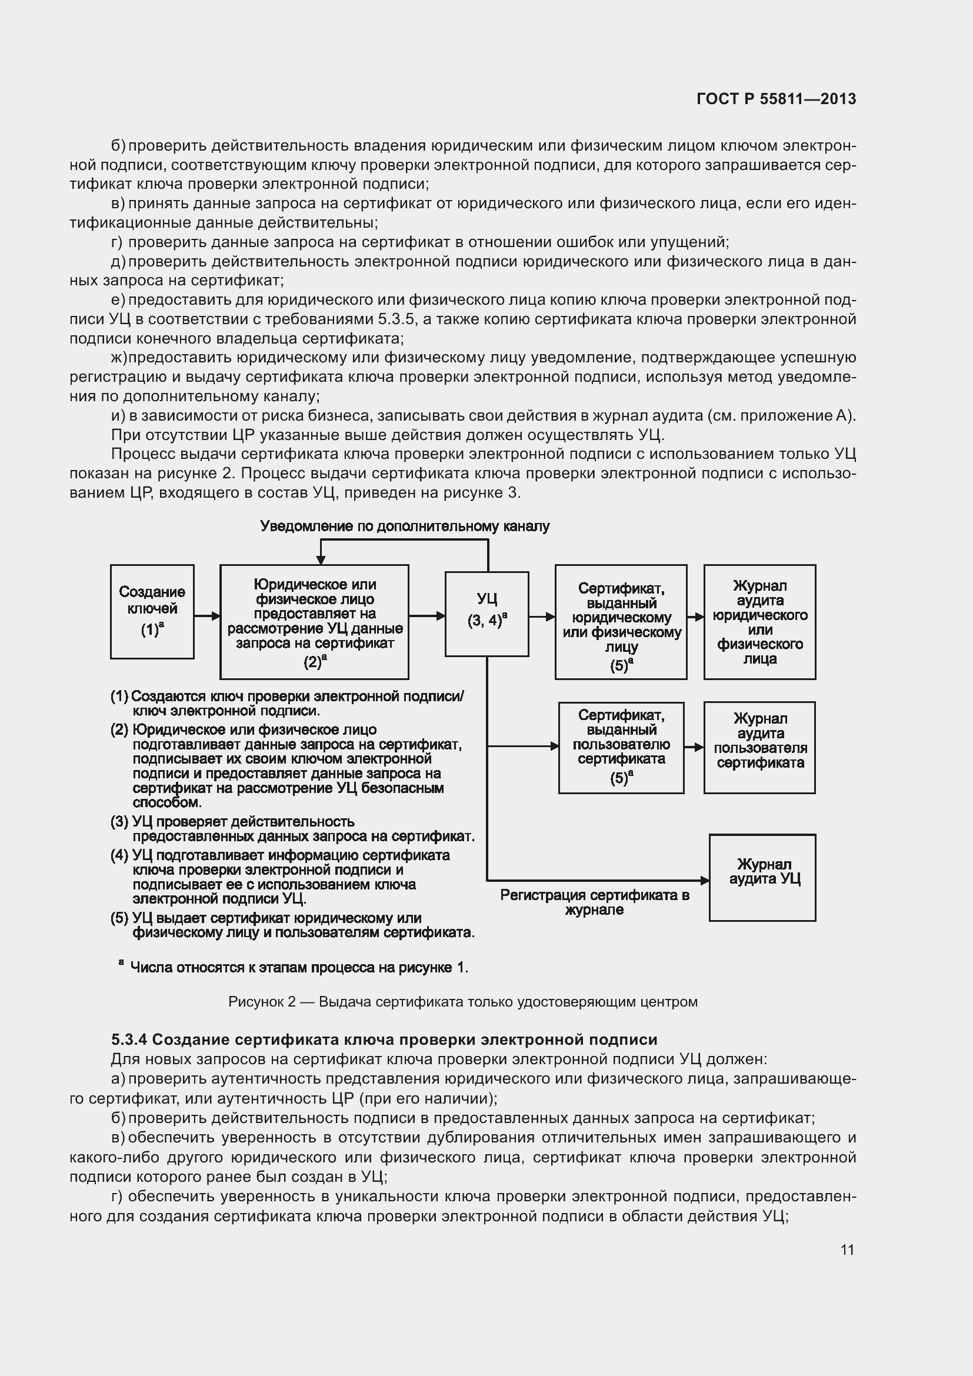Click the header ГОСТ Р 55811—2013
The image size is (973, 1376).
tap(776, 99)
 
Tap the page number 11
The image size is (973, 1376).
tap(847, 1250)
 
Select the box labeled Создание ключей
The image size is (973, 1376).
tap(152, 611)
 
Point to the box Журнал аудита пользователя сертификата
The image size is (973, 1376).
tap(759, 747)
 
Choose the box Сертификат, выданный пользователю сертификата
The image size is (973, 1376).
tap(621, 747)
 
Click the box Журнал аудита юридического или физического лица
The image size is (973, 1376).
tap(759, 621)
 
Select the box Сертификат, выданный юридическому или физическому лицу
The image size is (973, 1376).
tap(621, 621)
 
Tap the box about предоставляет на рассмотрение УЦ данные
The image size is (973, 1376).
tap(315, 621)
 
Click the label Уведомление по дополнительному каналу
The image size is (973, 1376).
tap(404, 526)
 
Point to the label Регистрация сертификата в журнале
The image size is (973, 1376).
tap(594, 902)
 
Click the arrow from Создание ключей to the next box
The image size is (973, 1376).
tap(206, 616)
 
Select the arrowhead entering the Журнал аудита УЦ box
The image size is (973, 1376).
tap(705, 881)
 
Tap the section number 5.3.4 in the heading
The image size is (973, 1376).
tap(129, 1039)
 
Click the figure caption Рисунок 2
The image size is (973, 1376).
tap(462, 1002)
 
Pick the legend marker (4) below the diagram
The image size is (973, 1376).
tap(119, 855)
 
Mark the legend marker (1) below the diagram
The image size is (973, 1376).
tap(119, 697)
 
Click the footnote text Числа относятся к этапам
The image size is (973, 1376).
tap(299, 967)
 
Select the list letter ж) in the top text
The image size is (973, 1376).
tap(119, 358)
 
